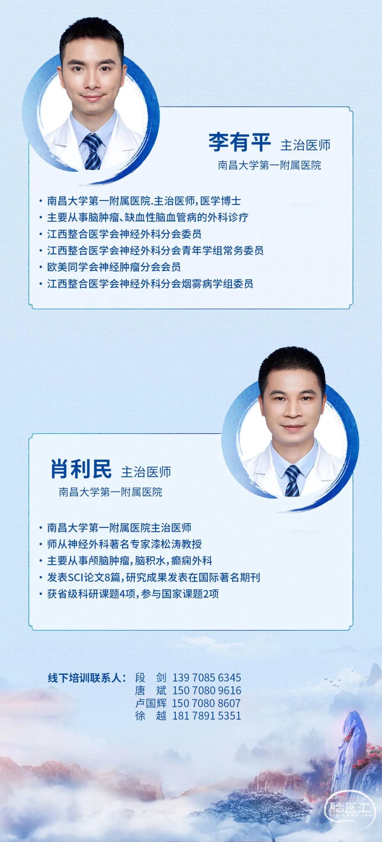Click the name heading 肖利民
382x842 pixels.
click(x=81, y=469)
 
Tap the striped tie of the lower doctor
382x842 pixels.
click(x=292, y=480)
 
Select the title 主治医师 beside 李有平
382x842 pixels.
click(x=305, y=145)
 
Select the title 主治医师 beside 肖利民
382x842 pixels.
click(x=146, y=472)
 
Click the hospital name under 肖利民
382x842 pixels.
click(x=111, y=492)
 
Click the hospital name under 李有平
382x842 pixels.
click(x=270, y=165)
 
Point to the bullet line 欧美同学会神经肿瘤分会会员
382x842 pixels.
click(x=114, y=267)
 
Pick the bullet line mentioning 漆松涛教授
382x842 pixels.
click(x=125, y=544)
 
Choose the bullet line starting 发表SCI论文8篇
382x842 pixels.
click(x=154, y=577)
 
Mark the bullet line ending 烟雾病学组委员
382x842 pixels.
click(x=150, y=283)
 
